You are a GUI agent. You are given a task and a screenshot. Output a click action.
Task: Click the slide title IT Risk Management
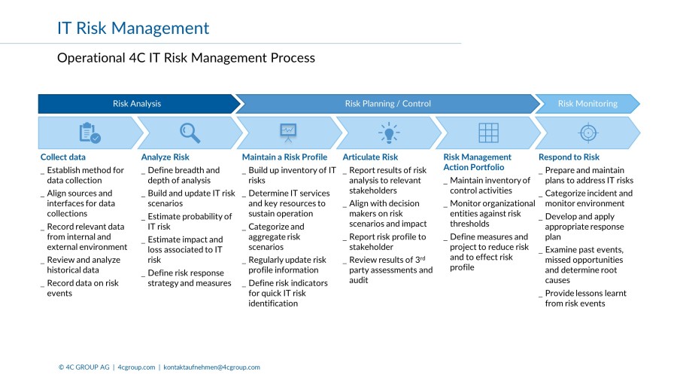pyautogui.click(x=133, y=29)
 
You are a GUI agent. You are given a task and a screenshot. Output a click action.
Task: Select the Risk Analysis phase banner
pyautogui.click(x=137, y=104)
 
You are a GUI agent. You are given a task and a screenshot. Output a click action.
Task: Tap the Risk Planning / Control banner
pyautogui.click(x=387, y=104)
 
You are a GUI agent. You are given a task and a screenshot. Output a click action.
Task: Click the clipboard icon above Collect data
pyautogui.click(x=90, y=133)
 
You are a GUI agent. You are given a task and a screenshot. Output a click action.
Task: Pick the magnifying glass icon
pyautogui.click(x=190, y=133)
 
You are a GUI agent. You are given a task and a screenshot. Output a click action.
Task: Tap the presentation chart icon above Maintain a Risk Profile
pyautogui.click(x=288, y=133)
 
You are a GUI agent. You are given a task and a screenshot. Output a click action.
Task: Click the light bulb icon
pyautogui.click(x=389, y=133)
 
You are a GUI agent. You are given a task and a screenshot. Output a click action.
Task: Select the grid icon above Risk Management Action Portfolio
pyautogui.click(x=488, y=133)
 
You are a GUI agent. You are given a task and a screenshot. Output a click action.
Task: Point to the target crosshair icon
pyautogui.click(x=587, y=133)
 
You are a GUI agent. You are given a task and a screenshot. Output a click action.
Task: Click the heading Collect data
pyautogui.click(x=63, y=157)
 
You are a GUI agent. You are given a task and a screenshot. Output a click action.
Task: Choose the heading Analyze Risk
pyautogui.click(x=165, y=157)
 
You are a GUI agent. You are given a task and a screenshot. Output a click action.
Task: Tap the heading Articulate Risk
pyautogui.click(x=370, y=157)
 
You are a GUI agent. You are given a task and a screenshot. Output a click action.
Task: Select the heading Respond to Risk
pyautogui.click(x=569, y=157)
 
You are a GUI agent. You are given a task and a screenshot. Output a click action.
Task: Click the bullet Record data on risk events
pyautogui.click(x=82, y=288)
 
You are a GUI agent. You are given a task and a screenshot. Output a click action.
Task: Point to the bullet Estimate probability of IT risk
pyautogui.click(x=190, y=221)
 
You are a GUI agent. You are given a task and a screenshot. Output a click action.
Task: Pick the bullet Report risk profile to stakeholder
pyautogui.click(x=387, y=242)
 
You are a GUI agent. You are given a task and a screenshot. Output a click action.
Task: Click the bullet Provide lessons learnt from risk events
pyautogui.click(x=585, y=298)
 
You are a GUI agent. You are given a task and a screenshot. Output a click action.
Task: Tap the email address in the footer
pyautogui.click(x=211, y=367)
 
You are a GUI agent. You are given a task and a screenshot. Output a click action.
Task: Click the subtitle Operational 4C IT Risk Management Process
pyautogui.click(x=186, y=58)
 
